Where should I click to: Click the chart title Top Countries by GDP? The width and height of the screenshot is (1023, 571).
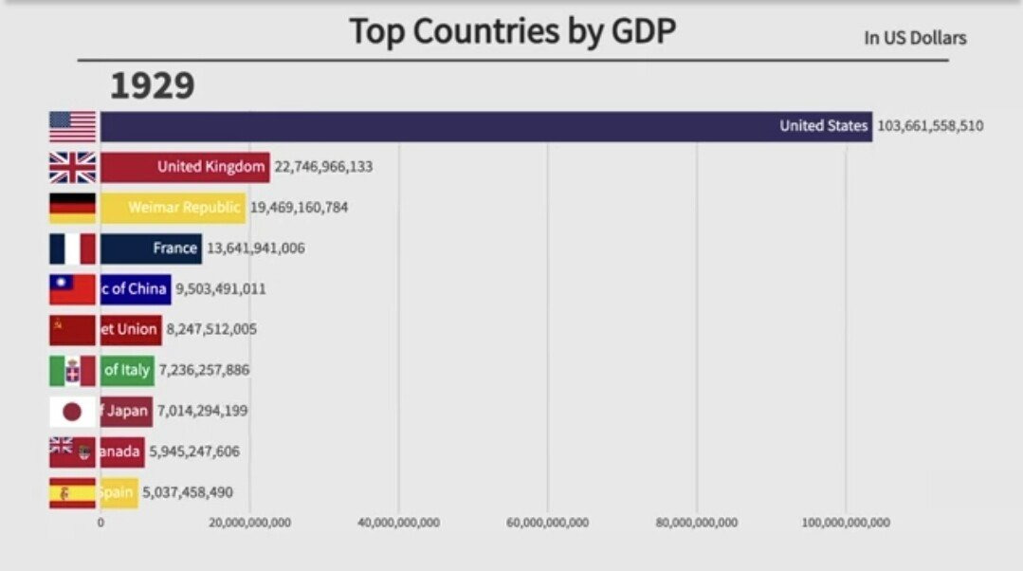point(512,31)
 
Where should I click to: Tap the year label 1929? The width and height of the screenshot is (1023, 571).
point(153,86)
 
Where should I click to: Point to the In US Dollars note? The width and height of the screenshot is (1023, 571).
point(915,38)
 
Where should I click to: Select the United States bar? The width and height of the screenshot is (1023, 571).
point(485,126)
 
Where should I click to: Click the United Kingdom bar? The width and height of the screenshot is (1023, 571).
point(185,167)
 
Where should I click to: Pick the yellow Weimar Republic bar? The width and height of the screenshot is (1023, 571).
point(173,208)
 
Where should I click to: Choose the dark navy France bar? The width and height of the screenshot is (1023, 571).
point(151,249)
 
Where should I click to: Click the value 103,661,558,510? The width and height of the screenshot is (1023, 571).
point(930,126)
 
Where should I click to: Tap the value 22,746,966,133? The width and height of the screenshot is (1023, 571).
point(323,167)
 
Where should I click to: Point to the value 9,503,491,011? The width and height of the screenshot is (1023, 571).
point(220,289)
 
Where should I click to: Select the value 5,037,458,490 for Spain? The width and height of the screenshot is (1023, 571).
point(187,492)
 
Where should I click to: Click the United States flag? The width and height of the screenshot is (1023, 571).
point(73,126)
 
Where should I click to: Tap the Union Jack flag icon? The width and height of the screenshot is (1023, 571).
point(73,167)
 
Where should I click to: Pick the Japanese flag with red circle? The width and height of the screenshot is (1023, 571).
point(73,412)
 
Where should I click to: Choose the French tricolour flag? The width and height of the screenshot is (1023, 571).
point(73,249)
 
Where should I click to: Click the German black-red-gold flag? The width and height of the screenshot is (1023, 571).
point(73,208)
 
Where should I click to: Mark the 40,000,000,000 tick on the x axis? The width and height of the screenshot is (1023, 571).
point(399,523)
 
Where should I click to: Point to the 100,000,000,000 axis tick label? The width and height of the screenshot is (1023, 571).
point(845,523)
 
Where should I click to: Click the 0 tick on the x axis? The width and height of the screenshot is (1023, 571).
point(100,523)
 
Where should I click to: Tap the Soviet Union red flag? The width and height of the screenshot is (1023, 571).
point(73,330)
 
